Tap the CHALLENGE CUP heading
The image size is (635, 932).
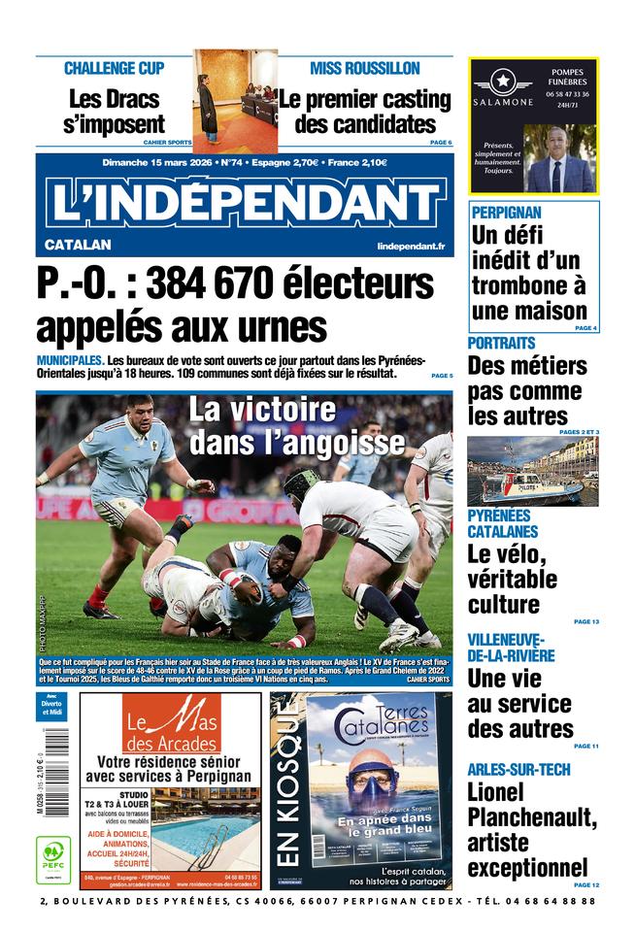pyautogui.click(x=114, y=68)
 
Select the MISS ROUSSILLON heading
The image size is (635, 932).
pyautogui.click(x=364, y=68)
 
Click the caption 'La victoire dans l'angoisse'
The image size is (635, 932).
pyautogui.click(x=296, y=426)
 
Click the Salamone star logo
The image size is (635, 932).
pyautogui.click(x=503, y=82)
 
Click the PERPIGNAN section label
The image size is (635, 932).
pyautogui.click(x=506, y=212)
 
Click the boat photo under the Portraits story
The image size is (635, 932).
pyautogui.click(x=532, y=471)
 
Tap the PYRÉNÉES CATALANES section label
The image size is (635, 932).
pyautogui.click(x=502, y=523)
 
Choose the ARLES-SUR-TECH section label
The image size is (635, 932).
pyautogui.click(x=518, y=770)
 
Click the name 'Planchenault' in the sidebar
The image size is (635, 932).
pyautogui.click(x=532, y=818)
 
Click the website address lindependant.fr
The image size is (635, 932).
pyautogui.click(x=410, y=247)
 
